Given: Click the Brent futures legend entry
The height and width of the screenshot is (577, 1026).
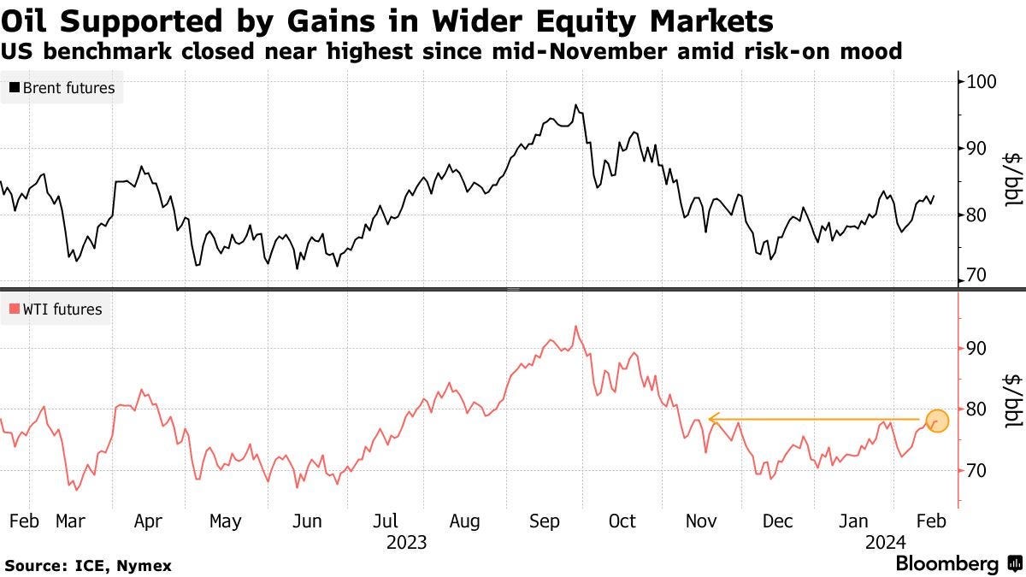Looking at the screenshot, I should pos(62,87).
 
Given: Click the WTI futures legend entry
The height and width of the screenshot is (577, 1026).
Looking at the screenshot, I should pos(56,309).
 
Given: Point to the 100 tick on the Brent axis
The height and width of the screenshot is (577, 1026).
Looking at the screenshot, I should pos(977,82).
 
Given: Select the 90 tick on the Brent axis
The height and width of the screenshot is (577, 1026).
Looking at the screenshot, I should pos(974,149).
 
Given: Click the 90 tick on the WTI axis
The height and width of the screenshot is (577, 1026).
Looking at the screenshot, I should pos(974,348).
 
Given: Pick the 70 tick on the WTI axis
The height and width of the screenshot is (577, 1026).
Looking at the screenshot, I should pos(974,471).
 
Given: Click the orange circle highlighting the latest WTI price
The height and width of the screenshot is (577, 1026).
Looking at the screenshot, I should pos(937,420).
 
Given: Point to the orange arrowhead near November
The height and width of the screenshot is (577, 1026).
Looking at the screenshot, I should pos(713,420).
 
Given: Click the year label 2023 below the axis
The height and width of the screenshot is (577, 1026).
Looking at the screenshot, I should pos(406,541).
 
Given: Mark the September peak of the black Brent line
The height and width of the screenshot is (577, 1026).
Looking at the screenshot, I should pos(576,105).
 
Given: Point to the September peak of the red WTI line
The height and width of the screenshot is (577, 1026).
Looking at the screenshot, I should pos(576,326).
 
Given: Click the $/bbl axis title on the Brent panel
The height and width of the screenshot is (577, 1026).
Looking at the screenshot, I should pos(1011,180).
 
